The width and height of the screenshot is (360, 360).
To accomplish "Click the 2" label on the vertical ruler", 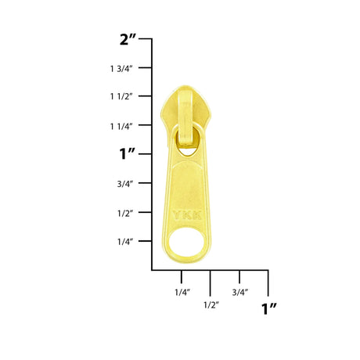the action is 128,40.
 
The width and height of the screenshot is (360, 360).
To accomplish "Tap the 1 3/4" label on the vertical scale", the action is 121,69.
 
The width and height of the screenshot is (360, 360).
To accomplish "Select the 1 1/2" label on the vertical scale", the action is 121,96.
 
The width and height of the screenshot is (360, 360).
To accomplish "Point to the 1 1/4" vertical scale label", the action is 121,127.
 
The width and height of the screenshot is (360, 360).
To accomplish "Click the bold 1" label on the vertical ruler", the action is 127,153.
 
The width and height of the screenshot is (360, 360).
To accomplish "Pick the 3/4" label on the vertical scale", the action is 125,184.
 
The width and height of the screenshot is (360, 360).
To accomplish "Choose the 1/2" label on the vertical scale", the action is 125,214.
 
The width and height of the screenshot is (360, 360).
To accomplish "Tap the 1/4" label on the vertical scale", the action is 125,242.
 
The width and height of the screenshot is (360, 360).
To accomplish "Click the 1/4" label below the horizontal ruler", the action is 182,292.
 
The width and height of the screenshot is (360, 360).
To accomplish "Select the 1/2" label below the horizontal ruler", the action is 211,305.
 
